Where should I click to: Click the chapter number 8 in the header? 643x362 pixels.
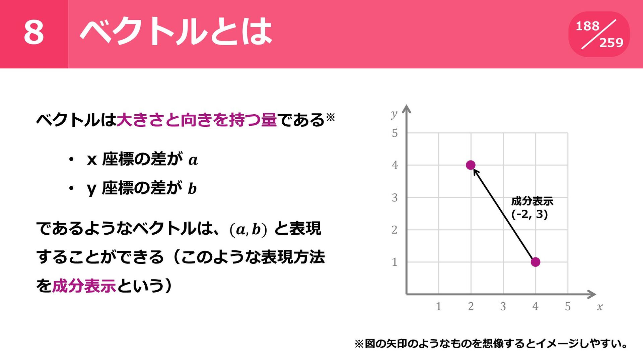pos(34,32)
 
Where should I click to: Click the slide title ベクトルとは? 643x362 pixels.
pos(176,32)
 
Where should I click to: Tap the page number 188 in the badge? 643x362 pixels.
pos(587,26)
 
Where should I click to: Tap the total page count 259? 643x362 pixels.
pos(611,43)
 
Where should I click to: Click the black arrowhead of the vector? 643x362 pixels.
pos(476,172)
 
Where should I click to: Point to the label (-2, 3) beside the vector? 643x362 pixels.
pos(529,214)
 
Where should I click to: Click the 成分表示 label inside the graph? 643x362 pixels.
pos(532,201)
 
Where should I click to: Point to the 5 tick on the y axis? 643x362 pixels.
pos(395,133)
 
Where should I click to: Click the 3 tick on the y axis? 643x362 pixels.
pos(395,198)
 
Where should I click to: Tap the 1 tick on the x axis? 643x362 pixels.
pos(438,306)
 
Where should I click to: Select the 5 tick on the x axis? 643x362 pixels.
pos(568,306)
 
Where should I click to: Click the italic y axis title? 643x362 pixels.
pos(394,115)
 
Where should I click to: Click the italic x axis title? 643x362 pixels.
pos(599,307)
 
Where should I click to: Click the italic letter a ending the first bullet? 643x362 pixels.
pos(193,160)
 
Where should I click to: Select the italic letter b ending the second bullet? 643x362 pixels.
pos(192,188)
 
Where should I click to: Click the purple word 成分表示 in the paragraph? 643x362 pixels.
pos(84,286)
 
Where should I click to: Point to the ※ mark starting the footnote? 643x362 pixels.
pos(359,344)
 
